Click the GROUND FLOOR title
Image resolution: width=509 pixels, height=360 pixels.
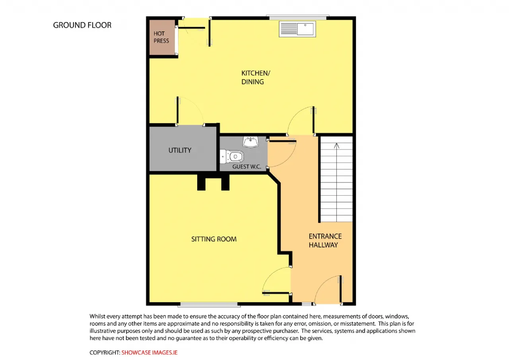[82, 25]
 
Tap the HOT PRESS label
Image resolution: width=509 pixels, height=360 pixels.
[161, 37]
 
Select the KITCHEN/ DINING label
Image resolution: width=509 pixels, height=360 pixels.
[256, 77]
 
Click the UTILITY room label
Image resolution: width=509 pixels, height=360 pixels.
[180, 150]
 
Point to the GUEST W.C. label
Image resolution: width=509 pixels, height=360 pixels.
[247, 167]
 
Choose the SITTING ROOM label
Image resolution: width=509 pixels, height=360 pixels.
[214, 239]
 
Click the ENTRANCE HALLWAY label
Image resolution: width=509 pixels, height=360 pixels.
[325, 240]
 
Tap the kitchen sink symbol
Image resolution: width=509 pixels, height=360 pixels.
[297, 29]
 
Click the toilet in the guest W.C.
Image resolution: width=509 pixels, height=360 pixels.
[232, 156]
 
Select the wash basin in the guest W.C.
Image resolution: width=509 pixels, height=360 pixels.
[251, 142]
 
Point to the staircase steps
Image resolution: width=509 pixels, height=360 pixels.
[336, 179]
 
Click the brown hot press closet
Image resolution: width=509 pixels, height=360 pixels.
[162, 37]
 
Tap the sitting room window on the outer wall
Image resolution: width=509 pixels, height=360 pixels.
[209, 305]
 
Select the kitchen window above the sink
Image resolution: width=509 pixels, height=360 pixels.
[297, 17]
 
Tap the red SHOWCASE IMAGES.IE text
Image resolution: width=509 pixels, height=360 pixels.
[149, 352]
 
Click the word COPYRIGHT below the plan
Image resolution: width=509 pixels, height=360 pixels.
[105, 352]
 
